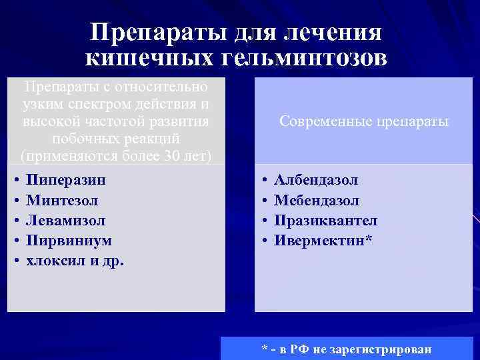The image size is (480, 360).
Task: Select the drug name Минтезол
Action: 61,200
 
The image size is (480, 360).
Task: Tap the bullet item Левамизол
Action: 65,220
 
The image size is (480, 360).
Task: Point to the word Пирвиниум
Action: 68,240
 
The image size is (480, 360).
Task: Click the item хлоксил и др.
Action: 75,260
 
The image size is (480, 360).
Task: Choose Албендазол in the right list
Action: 316,180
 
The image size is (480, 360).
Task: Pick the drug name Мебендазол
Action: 317,200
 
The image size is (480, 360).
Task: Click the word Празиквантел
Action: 325,220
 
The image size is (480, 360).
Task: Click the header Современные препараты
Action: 364,122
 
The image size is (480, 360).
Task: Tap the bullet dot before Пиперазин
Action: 16,181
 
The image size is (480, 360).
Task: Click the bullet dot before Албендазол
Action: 265,181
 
